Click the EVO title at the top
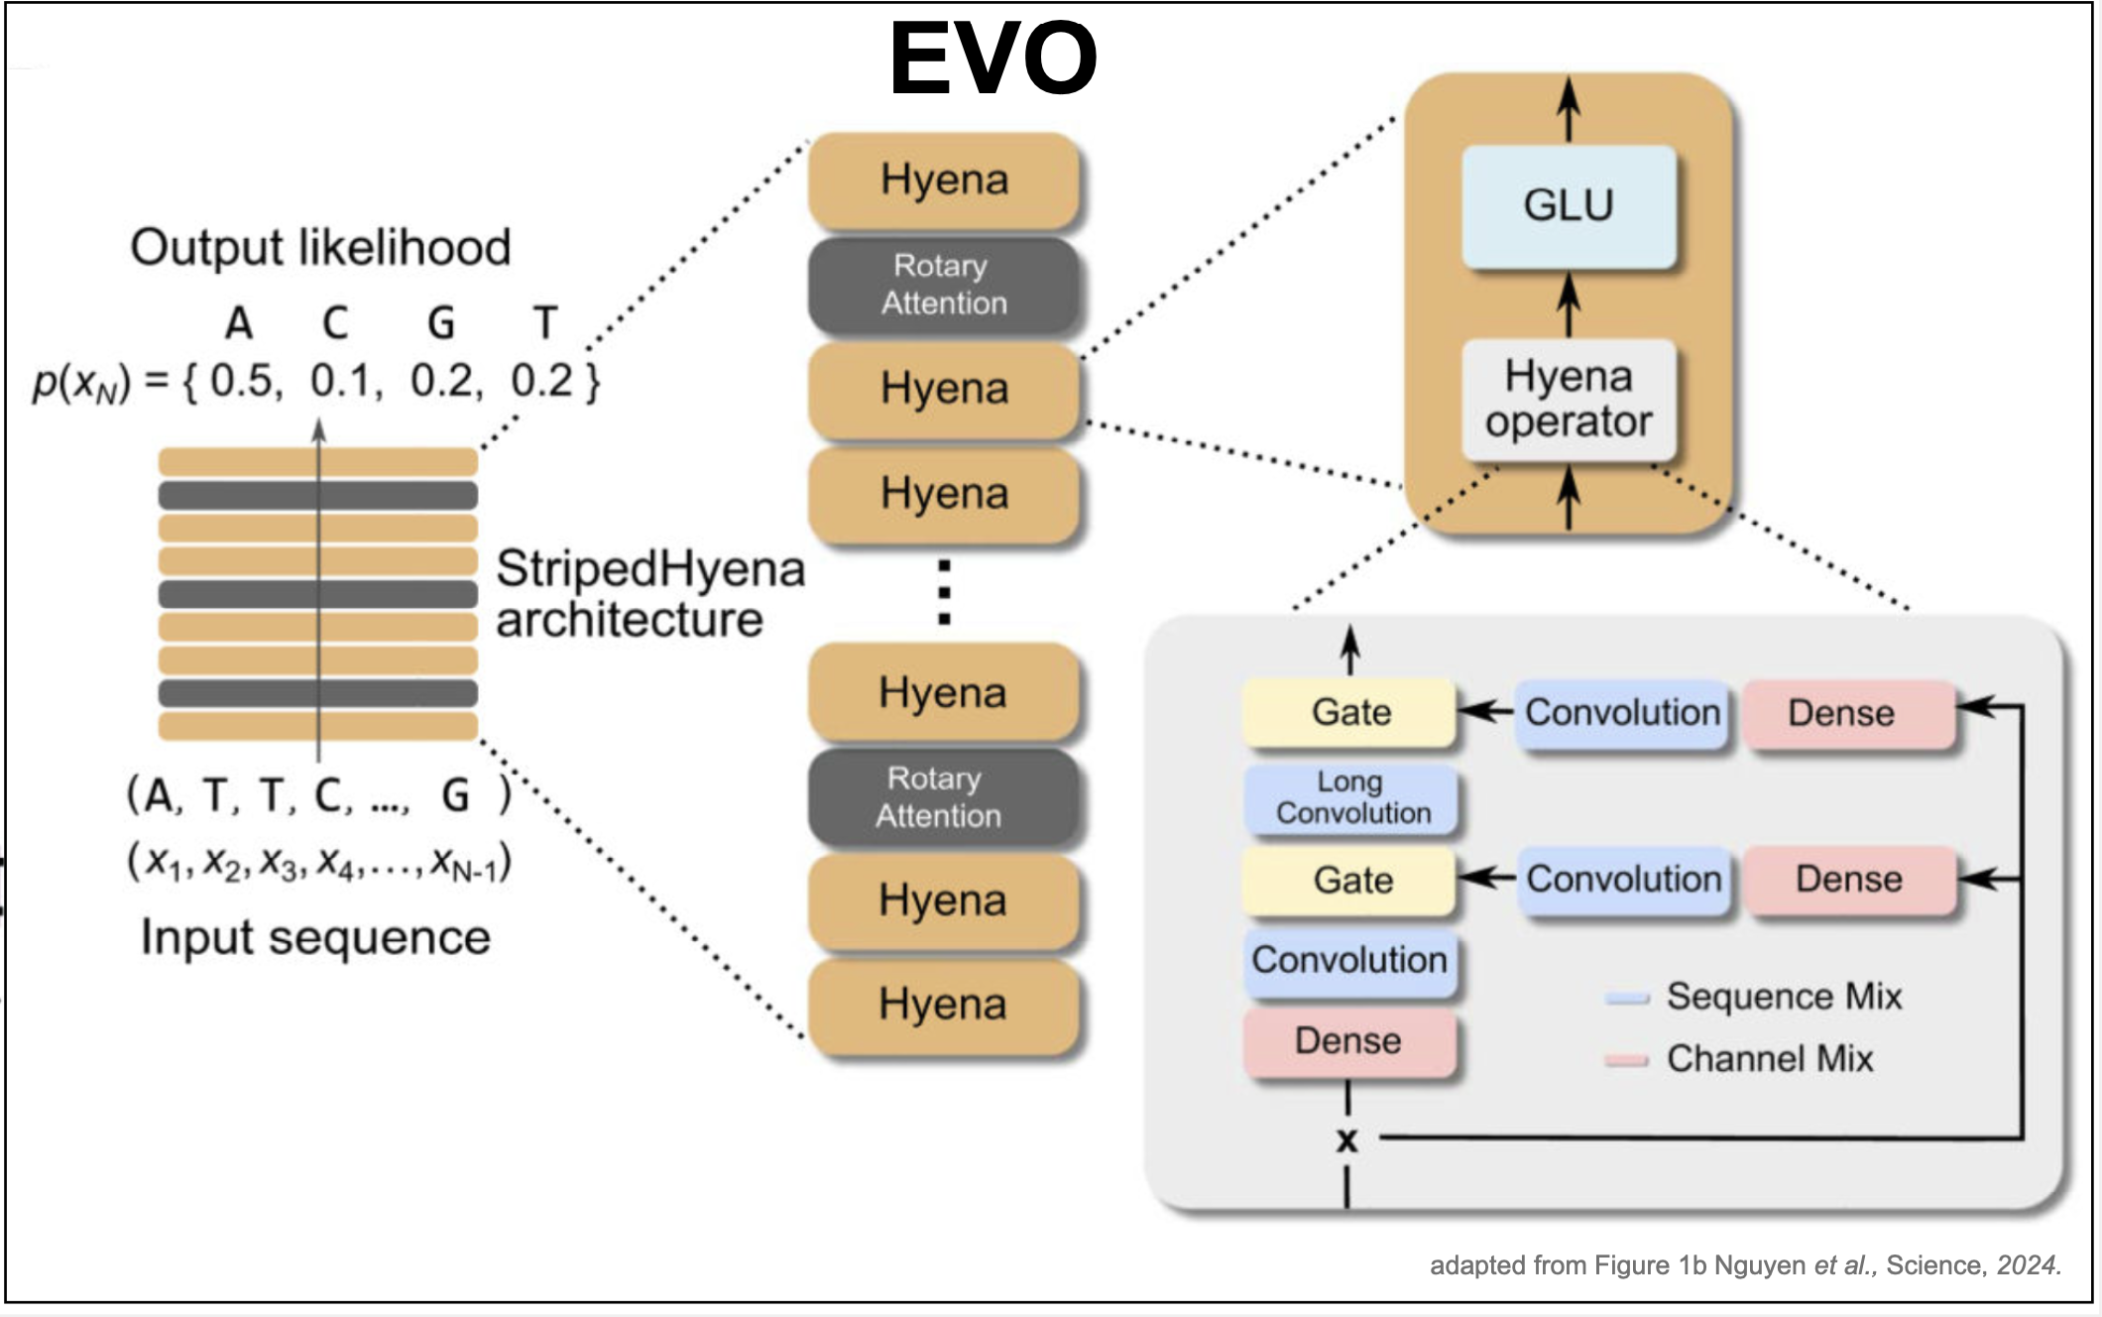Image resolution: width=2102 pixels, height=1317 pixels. (x=993, y=60)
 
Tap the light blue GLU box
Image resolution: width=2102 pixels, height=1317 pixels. (x=1569, y=206)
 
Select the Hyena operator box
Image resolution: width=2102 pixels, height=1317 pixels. (x=1569, y=400)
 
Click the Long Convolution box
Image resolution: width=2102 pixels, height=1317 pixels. (x=1352, y=797)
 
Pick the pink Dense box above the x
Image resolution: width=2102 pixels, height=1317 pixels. (x=1349, y=1041)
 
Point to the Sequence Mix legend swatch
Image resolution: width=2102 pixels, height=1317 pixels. (x=1627, y=998)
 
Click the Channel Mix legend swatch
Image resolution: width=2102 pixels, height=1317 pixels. (x=1627, y=1060)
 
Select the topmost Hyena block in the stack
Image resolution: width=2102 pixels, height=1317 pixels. (x=944, y=180)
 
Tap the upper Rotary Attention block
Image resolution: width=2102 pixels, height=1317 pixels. (x=944, y=285)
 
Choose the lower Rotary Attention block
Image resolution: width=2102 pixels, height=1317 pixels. (x=939, y=797)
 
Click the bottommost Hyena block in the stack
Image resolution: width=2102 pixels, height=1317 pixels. (x=942, y=1005)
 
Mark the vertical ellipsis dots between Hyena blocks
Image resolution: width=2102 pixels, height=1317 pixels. (x=944, y=592)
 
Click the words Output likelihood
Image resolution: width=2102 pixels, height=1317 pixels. (x=320, y=248)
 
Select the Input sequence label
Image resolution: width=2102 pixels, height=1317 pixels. (x=315, y=937)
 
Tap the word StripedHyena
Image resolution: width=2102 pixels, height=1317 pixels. (x=649, y=569)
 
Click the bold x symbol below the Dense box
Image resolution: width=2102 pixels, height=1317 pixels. (x=1346, y=1139)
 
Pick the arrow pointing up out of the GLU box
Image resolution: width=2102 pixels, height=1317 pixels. (x=1569, y=109)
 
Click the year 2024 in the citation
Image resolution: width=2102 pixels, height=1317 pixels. (x=2027, y=1265)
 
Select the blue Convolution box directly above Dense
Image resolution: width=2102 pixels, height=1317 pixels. (x=1349, y=960)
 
